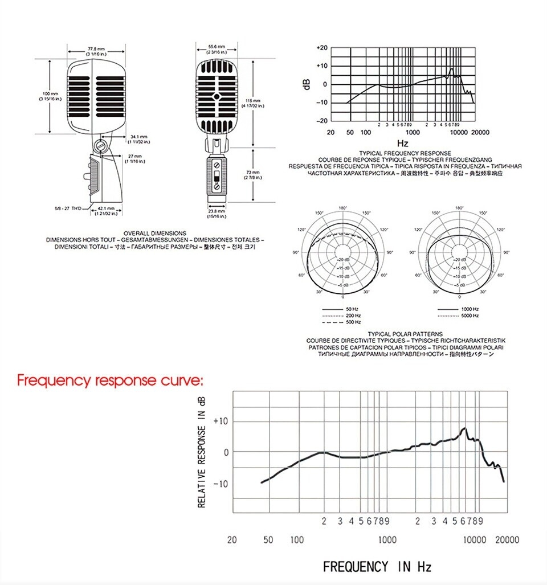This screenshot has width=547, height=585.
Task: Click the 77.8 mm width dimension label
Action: point(96,49)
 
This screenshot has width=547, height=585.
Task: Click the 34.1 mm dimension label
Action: point(138,138)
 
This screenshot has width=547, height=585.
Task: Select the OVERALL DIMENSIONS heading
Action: point(155,233)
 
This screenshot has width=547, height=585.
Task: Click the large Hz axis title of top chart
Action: point(402,143)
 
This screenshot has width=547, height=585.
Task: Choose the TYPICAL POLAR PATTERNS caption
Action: point(405,334)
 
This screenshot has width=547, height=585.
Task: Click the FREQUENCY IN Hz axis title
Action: point(377,567)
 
